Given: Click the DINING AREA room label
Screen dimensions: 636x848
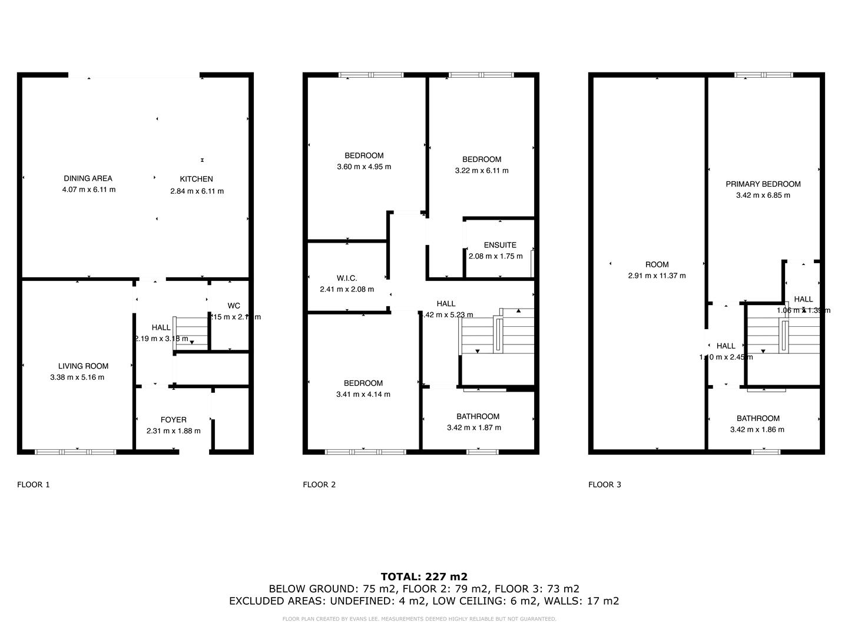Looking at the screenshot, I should (x=88, y=178).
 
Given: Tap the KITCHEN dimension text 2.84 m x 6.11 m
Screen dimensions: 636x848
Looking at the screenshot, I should (x=197, y=191).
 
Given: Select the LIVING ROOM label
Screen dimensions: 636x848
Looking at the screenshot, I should (x=83, y=366).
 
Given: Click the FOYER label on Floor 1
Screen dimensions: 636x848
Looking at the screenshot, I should (x=173, y=420).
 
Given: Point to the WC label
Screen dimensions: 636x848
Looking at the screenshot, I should (x=234, y=306).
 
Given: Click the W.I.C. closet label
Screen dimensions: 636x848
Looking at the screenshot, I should (x=347, y=278).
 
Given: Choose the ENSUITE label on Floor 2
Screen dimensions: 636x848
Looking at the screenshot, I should (x=500, y=245).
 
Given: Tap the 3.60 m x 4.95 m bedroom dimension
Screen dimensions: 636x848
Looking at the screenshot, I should (x=364, y=167).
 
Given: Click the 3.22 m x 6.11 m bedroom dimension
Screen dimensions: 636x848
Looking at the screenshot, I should (x=481, y=170).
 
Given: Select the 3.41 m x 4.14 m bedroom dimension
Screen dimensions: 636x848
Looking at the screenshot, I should (x=363, y=394).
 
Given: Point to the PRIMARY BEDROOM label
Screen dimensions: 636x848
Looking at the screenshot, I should (x=763, y=184).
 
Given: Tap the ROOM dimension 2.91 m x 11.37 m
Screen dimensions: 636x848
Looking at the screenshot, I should (x=657, y=275).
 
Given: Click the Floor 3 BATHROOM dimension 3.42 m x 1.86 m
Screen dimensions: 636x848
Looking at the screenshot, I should (x=757, y=429).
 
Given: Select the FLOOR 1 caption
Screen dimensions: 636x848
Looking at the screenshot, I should (x=34, y=485).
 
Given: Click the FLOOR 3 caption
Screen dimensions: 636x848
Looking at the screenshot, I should (x=604, y=485).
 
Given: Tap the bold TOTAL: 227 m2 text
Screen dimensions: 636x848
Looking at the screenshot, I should (x=424, y=577).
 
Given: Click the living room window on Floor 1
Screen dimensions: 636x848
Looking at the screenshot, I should (x=75, y=452).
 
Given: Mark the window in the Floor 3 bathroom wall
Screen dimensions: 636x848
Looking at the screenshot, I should (x=766, y=452).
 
